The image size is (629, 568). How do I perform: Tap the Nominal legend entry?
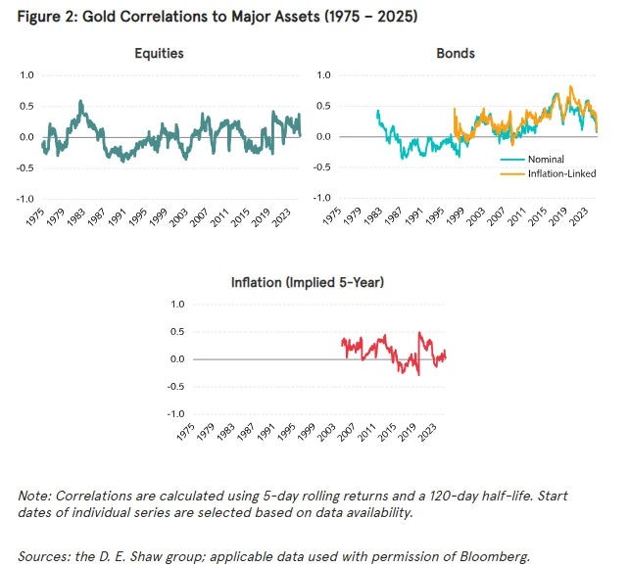[545, 159]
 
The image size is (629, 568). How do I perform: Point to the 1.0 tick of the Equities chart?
[26, 75]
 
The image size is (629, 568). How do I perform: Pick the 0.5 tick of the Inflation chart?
[178, 332]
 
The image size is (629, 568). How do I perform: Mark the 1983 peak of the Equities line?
[81, 101]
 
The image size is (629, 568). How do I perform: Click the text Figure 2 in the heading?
[43, 18]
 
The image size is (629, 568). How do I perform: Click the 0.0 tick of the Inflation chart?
[178, 359]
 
